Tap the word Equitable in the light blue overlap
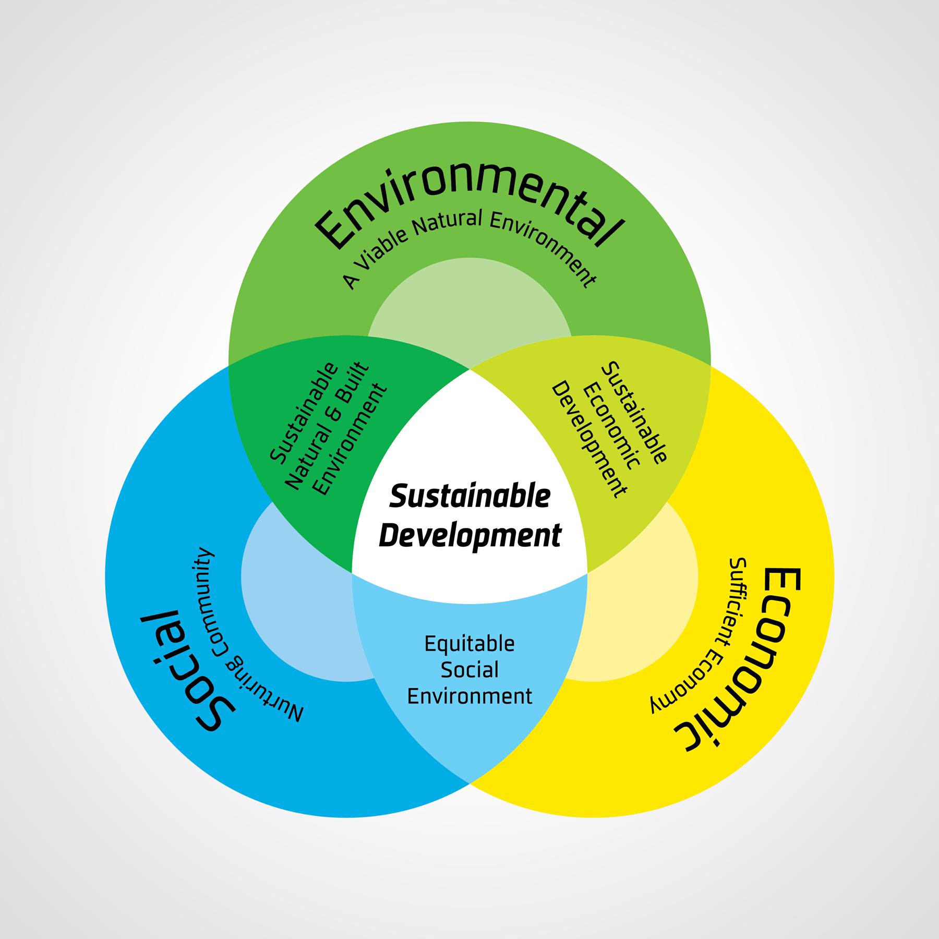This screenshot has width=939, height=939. tap(469, 644)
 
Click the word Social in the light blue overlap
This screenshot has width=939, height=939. tap(469, 670)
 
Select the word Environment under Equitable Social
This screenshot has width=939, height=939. tap(469, 696)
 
